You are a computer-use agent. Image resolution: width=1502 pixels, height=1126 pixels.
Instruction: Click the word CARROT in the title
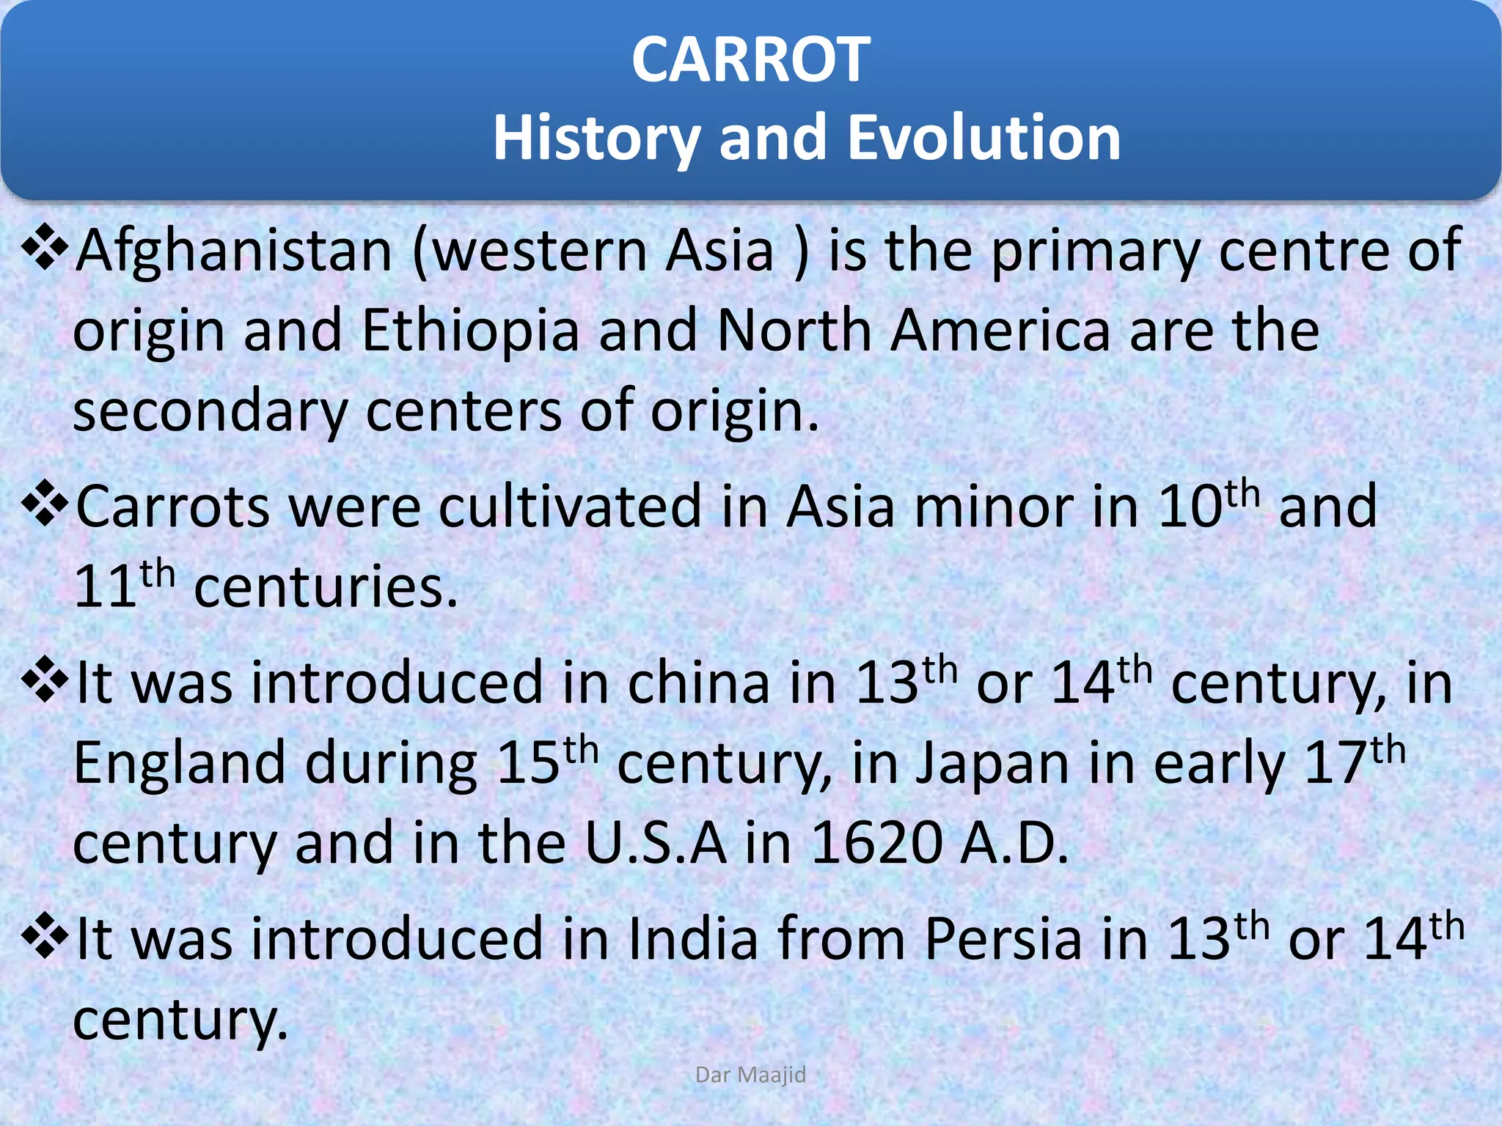tap(750, 60)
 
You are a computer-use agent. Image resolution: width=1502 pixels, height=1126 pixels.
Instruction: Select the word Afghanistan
tap(234, 251)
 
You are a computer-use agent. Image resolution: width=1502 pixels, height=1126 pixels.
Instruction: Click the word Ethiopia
tap(471, 331)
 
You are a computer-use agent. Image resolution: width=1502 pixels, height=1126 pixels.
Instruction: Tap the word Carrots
tap(173, 507)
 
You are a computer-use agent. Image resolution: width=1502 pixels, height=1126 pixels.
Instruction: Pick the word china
tap(699, 684)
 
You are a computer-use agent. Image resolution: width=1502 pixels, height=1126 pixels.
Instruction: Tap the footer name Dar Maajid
tap(750, 1075)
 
